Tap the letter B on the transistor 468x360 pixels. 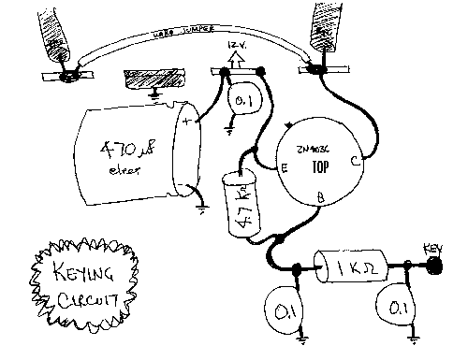coord(321,198)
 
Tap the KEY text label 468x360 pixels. coord(432,248)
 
